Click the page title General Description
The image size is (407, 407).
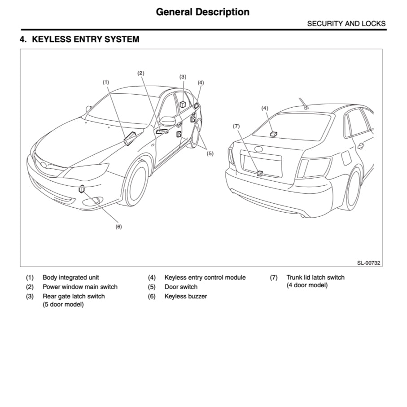(202, 12)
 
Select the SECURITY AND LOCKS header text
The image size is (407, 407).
(346, 24)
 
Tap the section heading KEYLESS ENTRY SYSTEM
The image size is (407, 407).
(79, 39)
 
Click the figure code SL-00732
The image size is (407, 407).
(369, 263)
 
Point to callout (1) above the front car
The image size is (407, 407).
(105, 82)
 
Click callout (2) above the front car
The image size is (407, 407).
(140, 73)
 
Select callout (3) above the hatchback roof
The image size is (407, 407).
(183, 77)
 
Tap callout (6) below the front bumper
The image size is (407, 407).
(118, 227)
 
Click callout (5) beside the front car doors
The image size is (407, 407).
(210, 153)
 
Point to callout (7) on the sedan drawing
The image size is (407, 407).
(236, 126)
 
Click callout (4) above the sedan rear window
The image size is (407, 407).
(265, 108)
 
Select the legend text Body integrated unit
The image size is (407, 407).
(71, 277)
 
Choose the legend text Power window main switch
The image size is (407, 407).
(80, 287)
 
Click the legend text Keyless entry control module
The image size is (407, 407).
(205, 277)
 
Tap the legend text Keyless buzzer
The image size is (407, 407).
(185, 296)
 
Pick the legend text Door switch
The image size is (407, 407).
(181, 287)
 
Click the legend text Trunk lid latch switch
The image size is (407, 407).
(315, 277)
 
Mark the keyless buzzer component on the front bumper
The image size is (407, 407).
(81, 189)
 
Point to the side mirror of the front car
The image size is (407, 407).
(168, 121)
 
